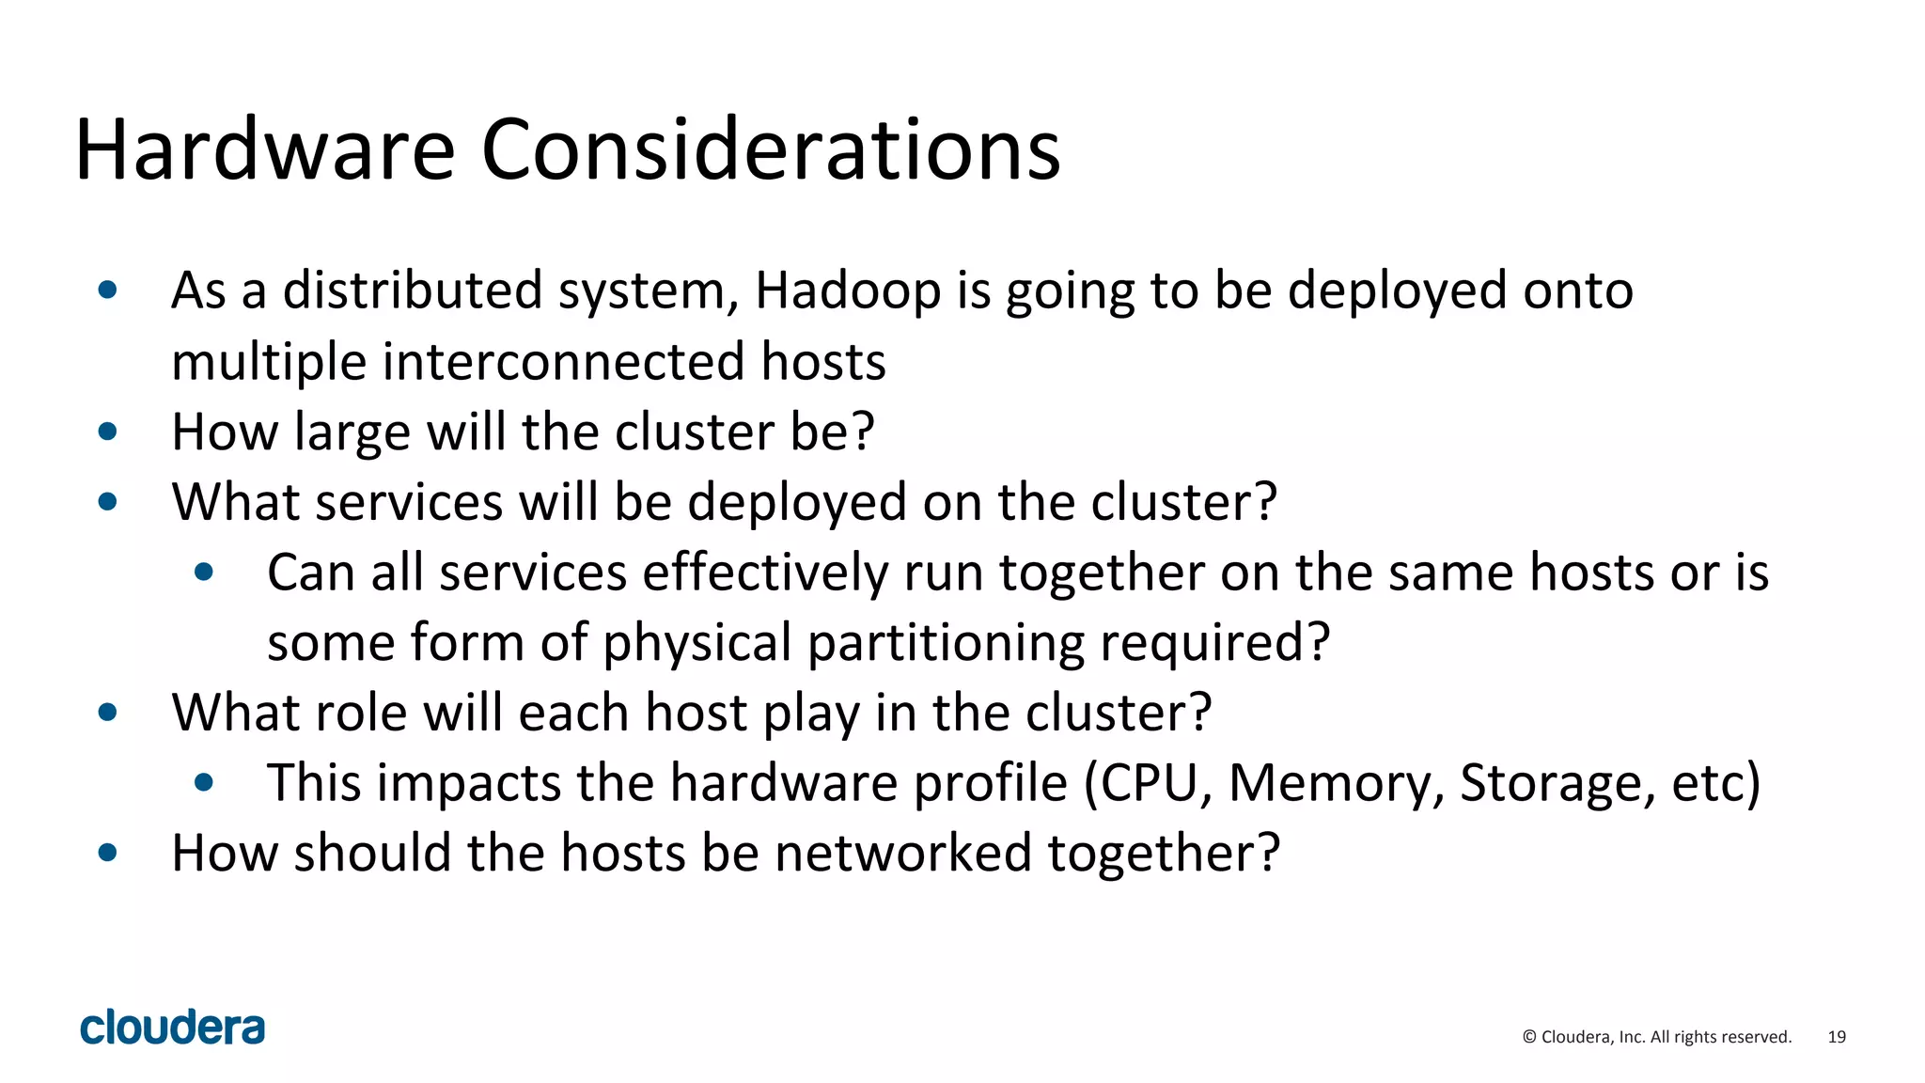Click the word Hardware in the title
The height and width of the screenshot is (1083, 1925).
tap(265, 150)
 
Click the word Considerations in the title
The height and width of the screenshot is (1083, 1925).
tap(771, 150)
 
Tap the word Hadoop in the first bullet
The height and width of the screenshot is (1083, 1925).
tap(848, 290)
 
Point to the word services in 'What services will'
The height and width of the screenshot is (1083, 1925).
tap(409, 503)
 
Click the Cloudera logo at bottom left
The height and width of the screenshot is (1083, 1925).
tap(173, 1027)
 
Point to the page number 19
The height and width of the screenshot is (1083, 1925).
tap(1837, 1037)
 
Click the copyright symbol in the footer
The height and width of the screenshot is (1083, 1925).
tap(1529, 1037)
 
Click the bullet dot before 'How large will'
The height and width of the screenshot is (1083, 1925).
tap(108, 432)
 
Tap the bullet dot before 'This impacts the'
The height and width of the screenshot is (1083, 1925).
tap(204, 782)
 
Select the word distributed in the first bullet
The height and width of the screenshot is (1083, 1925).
tap(413, 290)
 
